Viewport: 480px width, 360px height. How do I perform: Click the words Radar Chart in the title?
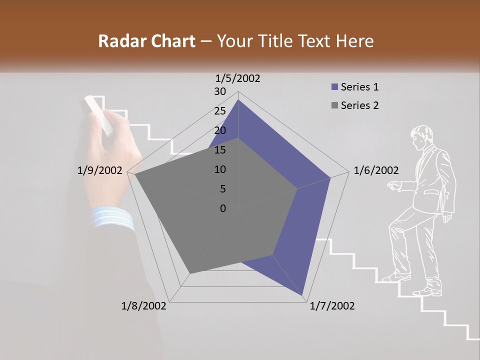click(x=146, y=41)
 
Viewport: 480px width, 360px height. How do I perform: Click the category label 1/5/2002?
click(x=238, y=78)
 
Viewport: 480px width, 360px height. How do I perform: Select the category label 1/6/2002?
click(x=376, y=170)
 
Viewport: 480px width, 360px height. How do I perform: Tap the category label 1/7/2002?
click(x=332, y=306)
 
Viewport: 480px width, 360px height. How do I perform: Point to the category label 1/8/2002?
click(x=144, y=306)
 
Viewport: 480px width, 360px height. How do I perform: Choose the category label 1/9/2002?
click(x=100, y=170)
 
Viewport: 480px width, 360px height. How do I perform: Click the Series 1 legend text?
click(x=359, y=87)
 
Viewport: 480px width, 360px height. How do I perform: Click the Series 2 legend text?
click(x=359, y=105)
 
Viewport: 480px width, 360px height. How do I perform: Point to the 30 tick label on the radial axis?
click(x=220, y=91)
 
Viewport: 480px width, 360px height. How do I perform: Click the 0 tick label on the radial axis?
click(x=223, y=208)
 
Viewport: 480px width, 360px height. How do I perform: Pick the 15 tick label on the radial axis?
click(x=220, y=150)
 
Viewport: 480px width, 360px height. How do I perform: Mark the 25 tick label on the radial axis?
click(x=220, y=111)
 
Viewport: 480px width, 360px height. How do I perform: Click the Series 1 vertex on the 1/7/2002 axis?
click(x=303, y=297)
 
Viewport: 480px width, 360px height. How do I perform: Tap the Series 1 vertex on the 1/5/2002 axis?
click(x=238, y=100)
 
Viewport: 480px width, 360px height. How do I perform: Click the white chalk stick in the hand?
click(x=98, y=114)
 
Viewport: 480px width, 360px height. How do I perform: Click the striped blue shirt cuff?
click(x=112, y=218)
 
